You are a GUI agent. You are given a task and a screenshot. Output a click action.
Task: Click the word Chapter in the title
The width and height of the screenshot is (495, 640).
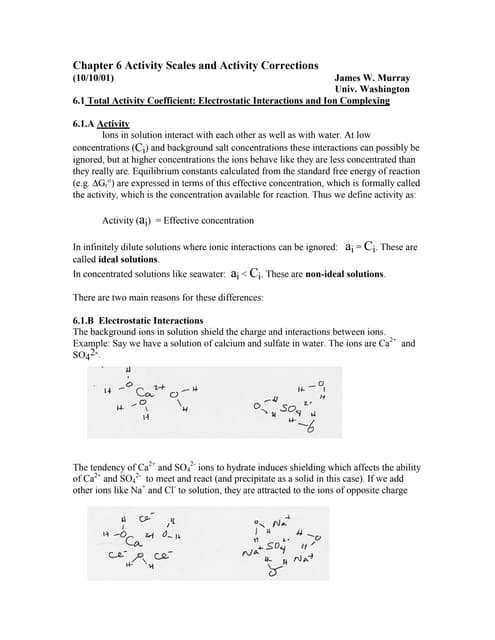point(95,63)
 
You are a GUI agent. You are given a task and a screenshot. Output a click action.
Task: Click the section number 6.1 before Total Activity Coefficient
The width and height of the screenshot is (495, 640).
point(80,101)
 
